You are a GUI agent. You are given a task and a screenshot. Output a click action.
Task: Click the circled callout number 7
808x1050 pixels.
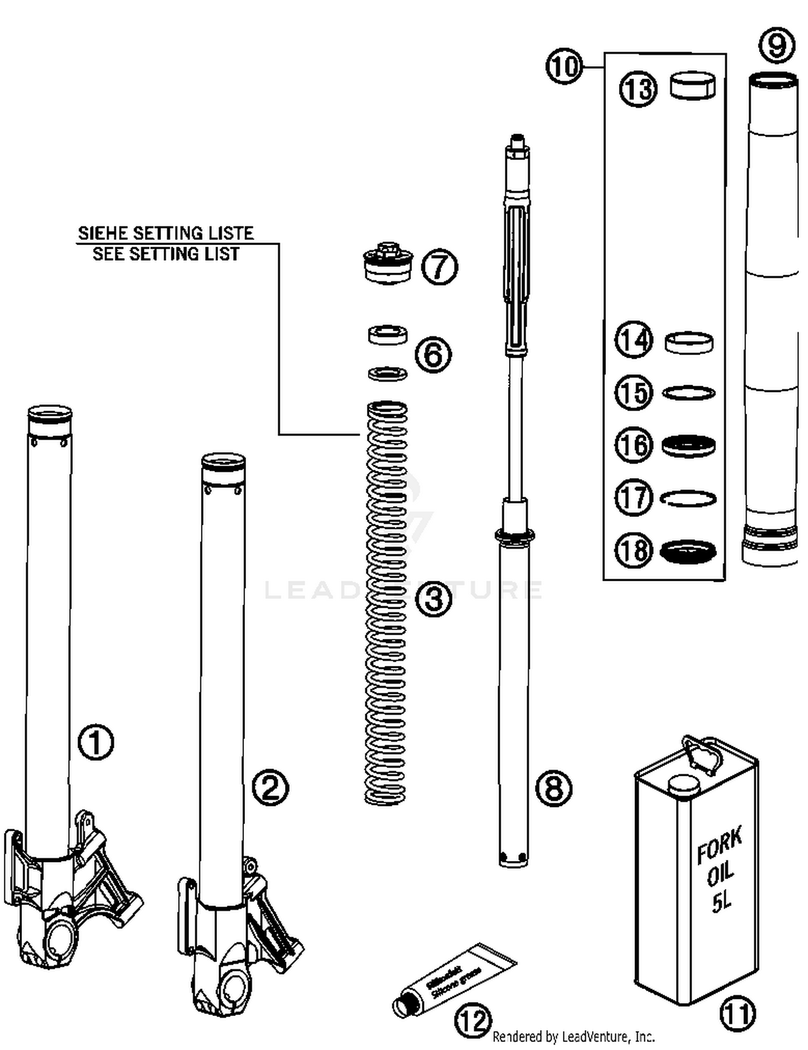(439, 268)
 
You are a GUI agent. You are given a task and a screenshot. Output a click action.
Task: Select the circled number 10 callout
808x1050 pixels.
(564, 67)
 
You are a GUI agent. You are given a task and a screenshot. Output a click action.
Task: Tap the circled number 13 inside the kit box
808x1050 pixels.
(638, 89)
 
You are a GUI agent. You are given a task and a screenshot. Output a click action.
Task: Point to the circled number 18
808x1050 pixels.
(633, 550)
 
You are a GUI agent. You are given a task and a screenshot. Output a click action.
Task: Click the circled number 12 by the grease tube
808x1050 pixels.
(473, 1020)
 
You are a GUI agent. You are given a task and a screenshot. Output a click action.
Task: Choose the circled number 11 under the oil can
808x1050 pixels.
(737, 1013)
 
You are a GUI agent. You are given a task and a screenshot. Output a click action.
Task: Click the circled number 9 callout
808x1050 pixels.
(777, 46)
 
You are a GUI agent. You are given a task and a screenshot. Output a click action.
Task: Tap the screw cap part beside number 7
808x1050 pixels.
(388, 264)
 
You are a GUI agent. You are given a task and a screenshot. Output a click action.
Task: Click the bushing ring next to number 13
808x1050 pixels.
(693, 86)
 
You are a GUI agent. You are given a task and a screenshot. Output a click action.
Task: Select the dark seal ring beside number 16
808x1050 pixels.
(688, 446)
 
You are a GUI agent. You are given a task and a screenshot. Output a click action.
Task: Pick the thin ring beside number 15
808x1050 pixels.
(688, 393)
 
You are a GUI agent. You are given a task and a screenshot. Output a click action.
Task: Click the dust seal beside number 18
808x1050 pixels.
(688, 552)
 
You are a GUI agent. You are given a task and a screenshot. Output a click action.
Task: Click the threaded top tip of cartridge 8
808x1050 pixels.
(517, 141)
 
